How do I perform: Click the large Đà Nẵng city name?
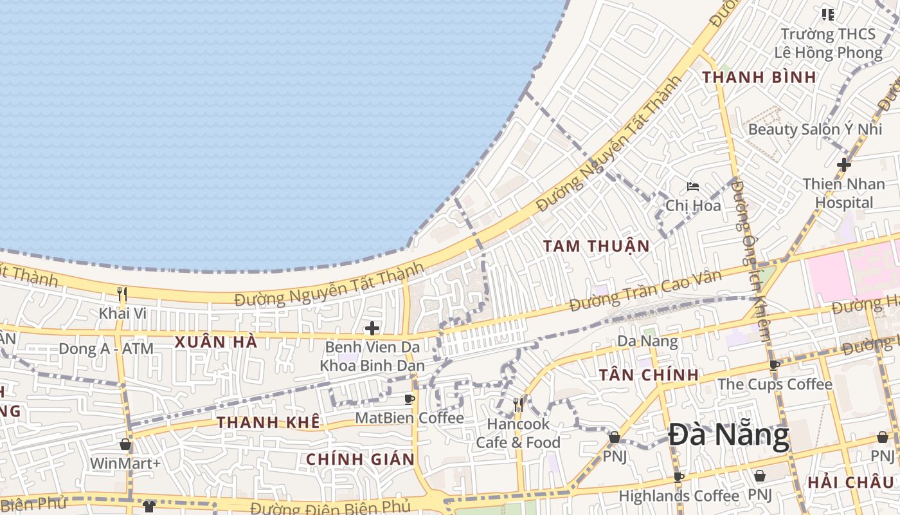(x=728, y=436)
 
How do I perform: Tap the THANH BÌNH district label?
(x=759, y=77)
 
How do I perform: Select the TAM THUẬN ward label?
(x=596, y=246)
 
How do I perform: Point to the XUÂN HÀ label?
(x=216, y=342)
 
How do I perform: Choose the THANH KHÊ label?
(x=268, y=422)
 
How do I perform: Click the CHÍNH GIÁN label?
(x=360, y=459)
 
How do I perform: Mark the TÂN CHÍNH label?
(x=649, y=375)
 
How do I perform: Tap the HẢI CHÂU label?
(x=850, y=482)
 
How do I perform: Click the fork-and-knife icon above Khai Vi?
(x=122, y=294)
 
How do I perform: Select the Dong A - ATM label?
(x=106, y=349)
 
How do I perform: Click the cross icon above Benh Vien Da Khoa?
(x=372, y=328)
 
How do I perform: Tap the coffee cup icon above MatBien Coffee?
(x=409, y=399)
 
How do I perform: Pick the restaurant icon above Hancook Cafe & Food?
(x=518, y=405)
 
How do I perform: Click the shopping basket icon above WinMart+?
(x=125, y=444)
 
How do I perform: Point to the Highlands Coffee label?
(x=679, y=496)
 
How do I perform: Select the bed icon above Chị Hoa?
(x=692, y=187)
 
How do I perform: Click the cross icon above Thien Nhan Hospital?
(x=843, y=165)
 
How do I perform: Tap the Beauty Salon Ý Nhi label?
(x=815, y=129)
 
